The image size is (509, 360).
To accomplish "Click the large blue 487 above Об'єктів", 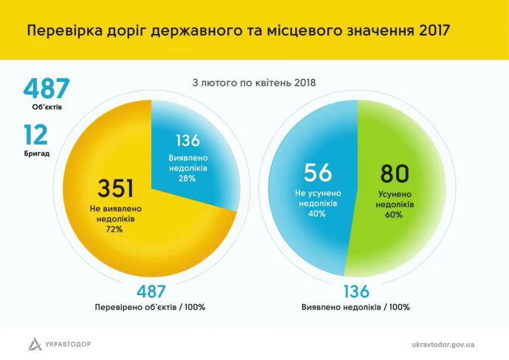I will (46, 89).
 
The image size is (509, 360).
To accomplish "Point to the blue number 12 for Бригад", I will (35, 134).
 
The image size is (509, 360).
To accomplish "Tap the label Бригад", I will (37, 153).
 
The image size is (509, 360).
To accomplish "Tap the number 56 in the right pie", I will (319, 173).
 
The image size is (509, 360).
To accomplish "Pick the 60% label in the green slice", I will (395, 215).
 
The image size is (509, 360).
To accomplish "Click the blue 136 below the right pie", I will (356, 291).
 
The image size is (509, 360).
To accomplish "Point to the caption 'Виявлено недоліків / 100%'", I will (356, 307).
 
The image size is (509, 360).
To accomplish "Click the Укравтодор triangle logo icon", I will (35, 344).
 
